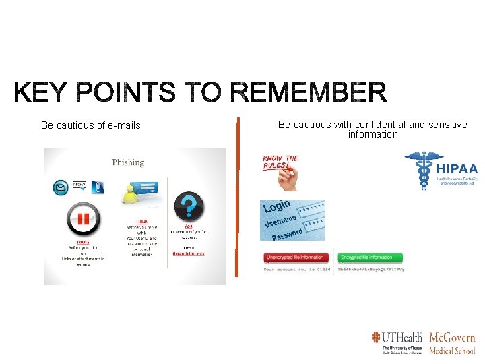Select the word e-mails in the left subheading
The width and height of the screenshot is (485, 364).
(124, 125)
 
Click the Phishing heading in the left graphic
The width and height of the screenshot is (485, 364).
(128, 162)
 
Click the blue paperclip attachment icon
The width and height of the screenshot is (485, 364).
(98, 186)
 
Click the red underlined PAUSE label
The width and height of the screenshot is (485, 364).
(83, 242)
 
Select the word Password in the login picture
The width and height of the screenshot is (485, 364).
(290, 233)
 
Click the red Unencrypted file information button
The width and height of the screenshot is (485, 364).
(295, 257)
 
